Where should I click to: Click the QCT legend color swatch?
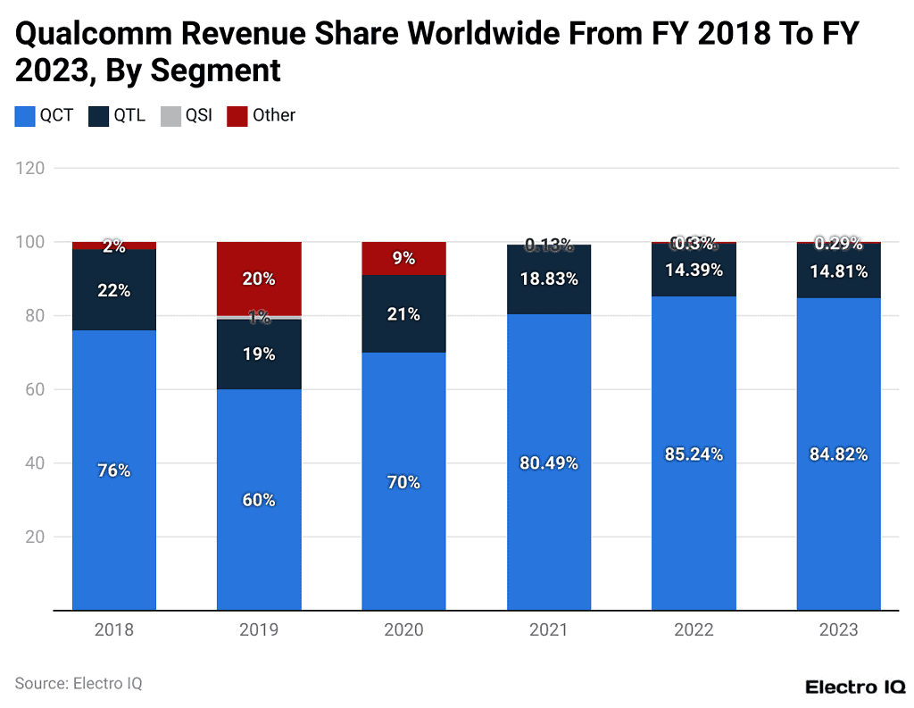[x=24, y=115]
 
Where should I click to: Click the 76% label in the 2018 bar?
[x=114, y=471]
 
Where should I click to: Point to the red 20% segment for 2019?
[x=259, y=279]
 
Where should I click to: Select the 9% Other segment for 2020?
[x=403, y=258]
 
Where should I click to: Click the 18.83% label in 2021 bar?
[x=549, y=279]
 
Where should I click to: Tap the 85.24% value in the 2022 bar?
[x=694, y=454]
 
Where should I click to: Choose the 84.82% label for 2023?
[x=838, y=454]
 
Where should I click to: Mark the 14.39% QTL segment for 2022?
[x=694, y=270]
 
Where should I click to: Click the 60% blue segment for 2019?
[x=259, y=500]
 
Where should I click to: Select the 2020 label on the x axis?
[x=403, y=630]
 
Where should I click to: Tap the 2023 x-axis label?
[x=838, y=630]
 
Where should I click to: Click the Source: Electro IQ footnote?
[x=79, y=684]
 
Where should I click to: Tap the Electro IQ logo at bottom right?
[x=855, y=687]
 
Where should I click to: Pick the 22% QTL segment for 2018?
[x=114, y=290]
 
